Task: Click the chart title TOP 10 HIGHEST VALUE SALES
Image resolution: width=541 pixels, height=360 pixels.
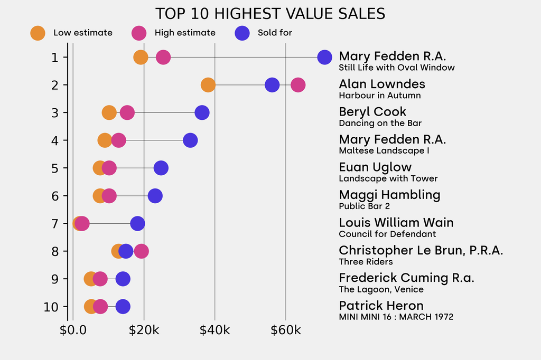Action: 270,14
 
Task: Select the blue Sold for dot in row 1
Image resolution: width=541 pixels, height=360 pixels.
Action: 324,57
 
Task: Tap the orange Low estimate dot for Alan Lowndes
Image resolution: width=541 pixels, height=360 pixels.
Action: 208,85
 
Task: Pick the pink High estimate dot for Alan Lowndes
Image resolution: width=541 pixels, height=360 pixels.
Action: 298,85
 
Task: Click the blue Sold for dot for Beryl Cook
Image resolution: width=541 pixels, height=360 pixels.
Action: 202,112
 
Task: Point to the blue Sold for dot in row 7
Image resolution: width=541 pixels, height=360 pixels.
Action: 137,223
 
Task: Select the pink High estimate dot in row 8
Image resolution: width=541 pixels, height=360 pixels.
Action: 141,251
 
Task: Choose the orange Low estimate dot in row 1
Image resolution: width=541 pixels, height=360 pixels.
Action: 141,57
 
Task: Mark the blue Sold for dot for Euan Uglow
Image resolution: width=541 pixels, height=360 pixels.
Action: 161,168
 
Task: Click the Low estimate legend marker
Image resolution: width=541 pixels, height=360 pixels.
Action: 38,33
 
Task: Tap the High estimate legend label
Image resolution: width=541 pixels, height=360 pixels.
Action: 185,33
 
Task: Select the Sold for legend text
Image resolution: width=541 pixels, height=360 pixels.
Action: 275,33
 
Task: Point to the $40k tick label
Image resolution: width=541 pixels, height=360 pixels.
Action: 214,331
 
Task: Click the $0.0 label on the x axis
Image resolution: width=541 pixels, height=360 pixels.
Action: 73,331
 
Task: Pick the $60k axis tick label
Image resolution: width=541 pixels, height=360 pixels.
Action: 285,331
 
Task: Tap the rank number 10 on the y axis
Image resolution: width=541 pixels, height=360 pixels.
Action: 51,307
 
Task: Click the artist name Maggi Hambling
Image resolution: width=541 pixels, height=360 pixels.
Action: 389,195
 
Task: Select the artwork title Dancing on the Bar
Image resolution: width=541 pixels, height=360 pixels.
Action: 380,123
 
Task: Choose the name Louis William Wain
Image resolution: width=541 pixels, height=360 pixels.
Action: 396,223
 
